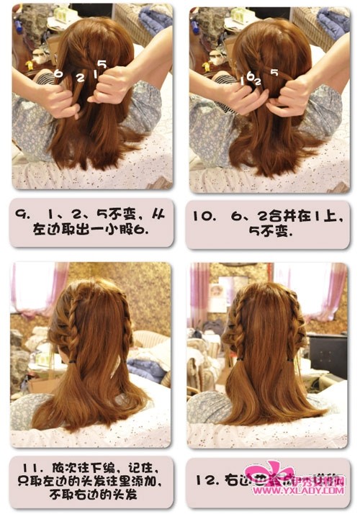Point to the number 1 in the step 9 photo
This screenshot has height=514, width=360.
(x=94, y=73)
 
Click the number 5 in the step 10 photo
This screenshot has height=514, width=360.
(x=274, y=72)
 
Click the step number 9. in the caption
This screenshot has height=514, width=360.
(x=22, y=214)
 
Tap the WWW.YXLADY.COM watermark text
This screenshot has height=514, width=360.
(x=299, y=491)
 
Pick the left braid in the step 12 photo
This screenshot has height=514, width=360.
(x=238, y=324)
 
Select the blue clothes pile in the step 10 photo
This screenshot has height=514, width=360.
(x=332, y=21)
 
